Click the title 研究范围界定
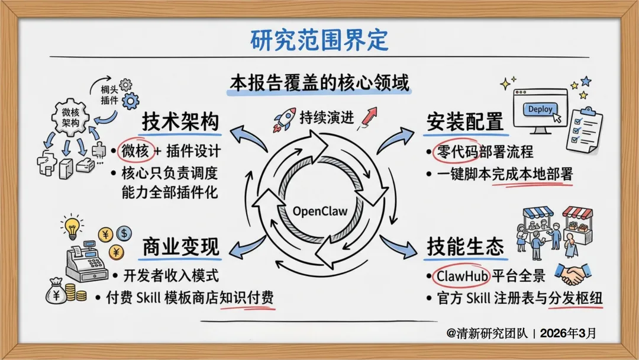point(319,40)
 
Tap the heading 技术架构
point(180,122)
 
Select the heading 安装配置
point(464,122)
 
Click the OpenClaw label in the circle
point(320,211)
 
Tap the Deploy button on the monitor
point(539,110)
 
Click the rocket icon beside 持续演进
point(284,118)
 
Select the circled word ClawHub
point(459,275)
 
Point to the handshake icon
point(572,274)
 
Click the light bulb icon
point(72,227)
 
